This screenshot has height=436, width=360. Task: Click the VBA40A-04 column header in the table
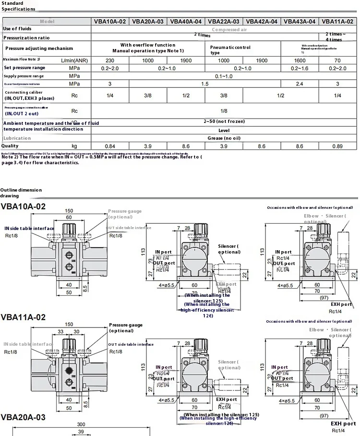coord(186,21)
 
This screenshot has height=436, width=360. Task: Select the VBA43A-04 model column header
coord(299,21)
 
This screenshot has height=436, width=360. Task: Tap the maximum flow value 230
coord(109,61)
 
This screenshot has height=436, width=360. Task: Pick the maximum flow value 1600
coord(299,61)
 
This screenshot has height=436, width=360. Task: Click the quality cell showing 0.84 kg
coord(109,145)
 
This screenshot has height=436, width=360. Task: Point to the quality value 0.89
coord(337,145)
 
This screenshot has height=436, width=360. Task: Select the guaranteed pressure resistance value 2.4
coord(299,84)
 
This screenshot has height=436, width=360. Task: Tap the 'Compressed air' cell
coord(229,29)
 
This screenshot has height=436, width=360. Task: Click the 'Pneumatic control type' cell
coord(230,50)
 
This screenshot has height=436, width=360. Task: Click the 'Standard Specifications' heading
coord(18,6)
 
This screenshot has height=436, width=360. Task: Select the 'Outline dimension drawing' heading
coord(21,193)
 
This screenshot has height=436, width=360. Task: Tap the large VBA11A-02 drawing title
coord(24,317)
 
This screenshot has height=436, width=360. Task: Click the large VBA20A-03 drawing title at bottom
coord(24,417)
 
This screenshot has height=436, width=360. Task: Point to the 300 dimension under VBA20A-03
coord(81,424)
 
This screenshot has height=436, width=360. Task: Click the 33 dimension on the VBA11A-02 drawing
coord(61,331)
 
